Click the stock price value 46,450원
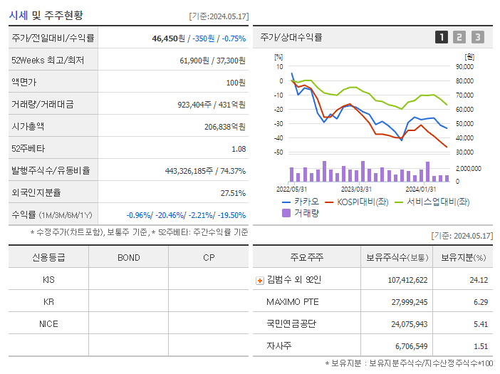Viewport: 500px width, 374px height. [170, 38]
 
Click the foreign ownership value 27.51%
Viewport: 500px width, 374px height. [233, 193]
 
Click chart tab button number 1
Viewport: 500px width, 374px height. [442, 37]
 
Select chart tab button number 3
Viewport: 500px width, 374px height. [477, 37]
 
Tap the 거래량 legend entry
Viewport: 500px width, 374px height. [306, 212]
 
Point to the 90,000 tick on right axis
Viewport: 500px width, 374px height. [464, 66]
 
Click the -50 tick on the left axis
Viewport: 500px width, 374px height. [278, 152]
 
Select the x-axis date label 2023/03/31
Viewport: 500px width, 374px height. [356, 189]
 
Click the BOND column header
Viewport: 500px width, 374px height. [128, 257]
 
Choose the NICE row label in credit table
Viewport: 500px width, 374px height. [48, 323]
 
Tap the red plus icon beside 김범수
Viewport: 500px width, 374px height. [260, 280]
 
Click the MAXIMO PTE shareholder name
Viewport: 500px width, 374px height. [293, 302]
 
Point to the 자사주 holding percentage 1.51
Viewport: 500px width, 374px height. [479, 346]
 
